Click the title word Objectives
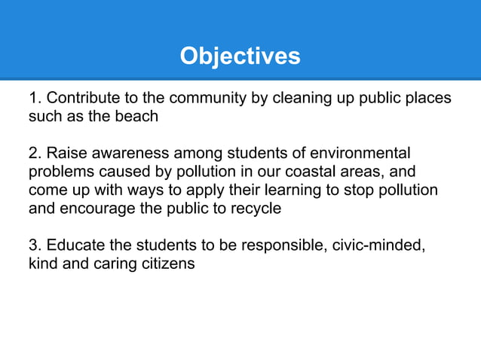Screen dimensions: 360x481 tap(240, 56)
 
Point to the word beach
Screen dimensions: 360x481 tap(138, 117)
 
